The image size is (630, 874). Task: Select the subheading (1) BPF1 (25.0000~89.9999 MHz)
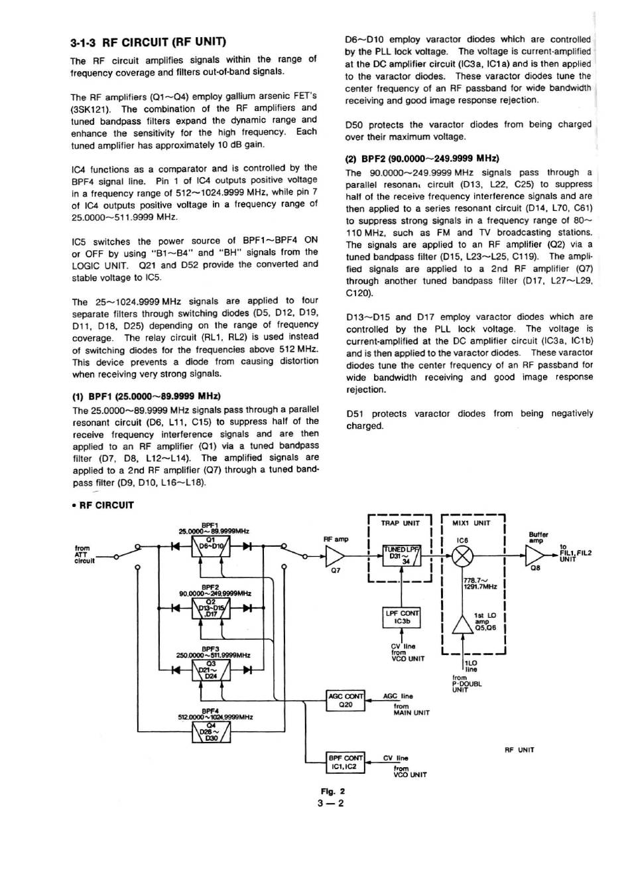(x=146, y=397)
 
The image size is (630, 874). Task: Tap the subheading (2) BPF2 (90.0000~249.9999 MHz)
(x=422, y=159)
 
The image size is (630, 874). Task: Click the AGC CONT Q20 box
(x=346, y=700)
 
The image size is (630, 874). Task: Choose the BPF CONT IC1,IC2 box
(x=346, y=762)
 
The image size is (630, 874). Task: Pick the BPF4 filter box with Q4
(x=211, y=733)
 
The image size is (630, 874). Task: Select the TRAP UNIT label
(x=400, y=523)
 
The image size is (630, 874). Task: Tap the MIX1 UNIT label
(x=471, y=523)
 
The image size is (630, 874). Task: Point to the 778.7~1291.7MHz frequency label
(x=480, y=583)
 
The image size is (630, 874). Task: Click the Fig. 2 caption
(x=332, y=791)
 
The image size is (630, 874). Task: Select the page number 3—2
(x=331, y=804)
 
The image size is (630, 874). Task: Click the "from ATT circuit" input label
(x=83, y=554)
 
